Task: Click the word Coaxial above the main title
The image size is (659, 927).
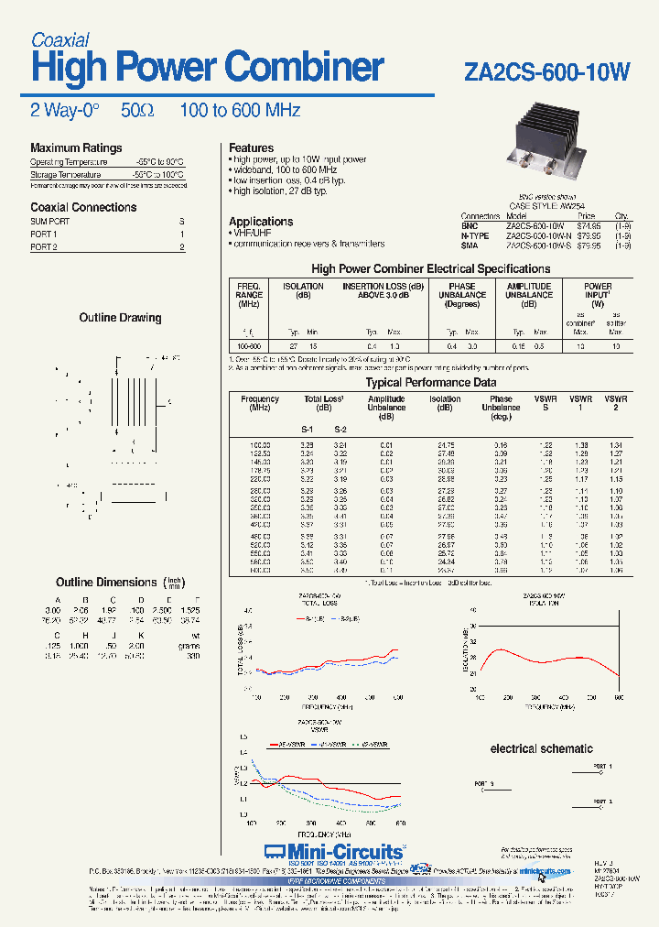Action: [x=59, y=40]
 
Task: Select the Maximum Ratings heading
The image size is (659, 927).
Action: [x=76, y=147]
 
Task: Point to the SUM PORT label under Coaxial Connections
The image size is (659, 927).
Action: [x=49, y=222]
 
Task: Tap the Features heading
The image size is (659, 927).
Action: [x=251, y=147]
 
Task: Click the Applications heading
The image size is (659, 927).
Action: [x=261, y=222]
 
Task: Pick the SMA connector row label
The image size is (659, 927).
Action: [x=469, y=245]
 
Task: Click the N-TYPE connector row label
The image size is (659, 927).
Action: [x=474, y=235]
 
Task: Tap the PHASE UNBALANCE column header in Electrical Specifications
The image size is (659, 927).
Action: [x=462, y=295]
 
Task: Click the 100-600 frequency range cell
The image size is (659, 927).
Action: [x=249, y=347]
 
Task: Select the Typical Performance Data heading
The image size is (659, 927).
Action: [x=431, y=382]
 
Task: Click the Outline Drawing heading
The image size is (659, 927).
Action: [x=122, y=318]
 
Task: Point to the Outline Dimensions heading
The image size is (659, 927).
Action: [x=106, y=583]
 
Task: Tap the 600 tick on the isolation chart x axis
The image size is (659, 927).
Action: [x=611, y=698]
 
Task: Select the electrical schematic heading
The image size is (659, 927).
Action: [x=541, y=748]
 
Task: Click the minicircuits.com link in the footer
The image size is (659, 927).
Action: [x=546, y=871]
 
